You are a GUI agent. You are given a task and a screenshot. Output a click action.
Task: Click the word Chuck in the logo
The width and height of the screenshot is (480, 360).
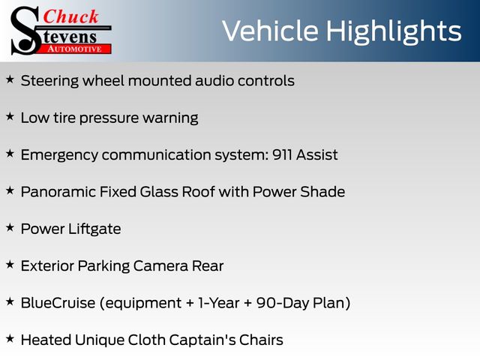(x=70, y=16)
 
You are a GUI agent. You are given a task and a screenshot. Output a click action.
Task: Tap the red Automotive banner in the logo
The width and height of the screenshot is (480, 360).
(x=75, y=49)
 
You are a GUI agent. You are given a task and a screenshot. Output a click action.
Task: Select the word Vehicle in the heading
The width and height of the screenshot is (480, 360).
(x=270, y=31)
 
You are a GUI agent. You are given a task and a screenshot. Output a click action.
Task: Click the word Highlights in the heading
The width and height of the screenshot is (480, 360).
(x=393, y=31)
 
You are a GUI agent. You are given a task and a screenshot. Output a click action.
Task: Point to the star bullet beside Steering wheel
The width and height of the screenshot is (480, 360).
(x=10, y=79)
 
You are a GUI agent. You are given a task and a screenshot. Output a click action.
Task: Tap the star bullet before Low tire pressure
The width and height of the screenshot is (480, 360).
(x=10, y=117)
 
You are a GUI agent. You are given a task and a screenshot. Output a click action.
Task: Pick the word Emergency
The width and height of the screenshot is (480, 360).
(x=59, y=155)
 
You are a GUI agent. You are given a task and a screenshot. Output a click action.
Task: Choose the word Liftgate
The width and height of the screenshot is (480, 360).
(x=94, y=229)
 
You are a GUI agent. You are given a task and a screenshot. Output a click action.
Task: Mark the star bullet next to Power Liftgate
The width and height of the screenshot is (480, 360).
(x=10, y=228)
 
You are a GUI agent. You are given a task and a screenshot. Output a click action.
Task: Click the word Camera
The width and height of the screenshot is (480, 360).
(x=160, y=266)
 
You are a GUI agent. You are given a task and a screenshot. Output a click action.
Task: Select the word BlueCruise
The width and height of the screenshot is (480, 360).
(x=58, y=303)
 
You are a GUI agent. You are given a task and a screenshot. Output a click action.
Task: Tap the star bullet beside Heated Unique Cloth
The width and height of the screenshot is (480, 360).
(x=10, y=338)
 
